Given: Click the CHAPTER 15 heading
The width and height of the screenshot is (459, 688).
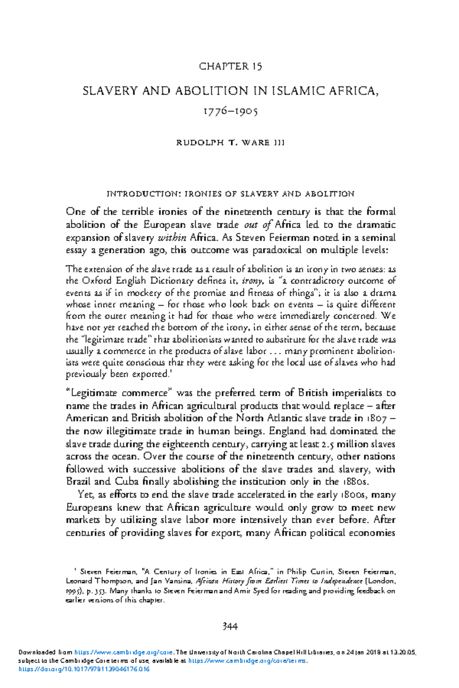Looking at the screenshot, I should [x=230, y=67].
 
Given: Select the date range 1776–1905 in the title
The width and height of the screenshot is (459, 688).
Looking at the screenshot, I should [x=230, y=112].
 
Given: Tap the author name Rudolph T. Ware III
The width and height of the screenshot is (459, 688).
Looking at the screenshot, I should [x=230, y=143].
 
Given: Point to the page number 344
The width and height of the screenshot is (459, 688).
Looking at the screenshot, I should [x=230, y=626].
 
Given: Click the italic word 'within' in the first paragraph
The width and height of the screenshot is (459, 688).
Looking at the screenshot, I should [x=172, y=238].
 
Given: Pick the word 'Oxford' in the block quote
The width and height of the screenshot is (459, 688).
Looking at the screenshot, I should [x=98, y=281].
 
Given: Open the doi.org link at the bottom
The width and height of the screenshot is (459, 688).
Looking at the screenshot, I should [x=84, y=669].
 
